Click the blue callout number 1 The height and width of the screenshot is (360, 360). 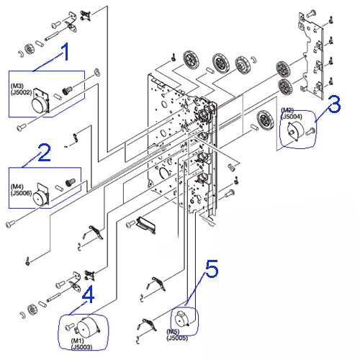click(65, 52)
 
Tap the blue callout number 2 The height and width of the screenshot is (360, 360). click(45, 153)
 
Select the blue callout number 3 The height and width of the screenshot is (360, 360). click(334, 104)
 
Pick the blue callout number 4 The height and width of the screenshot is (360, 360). click(88, 294)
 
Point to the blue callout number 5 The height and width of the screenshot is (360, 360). click(212, 269)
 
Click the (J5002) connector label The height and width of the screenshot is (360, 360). click(22, 92)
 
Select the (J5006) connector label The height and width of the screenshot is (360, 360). click(21, 193)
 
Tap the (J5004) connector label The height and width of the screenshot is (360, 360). click(292, 117)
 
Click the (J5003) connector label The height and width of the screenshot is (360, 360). click(81, 347)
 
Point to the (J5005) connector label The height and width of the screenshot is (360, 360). click(177, 338)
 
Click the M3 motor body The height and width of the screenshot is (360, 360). click(41, 101)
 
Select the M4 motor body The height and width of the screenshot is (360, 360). click(41, 195)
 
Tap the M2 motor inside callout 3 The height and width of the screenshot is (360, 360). click(296, 130)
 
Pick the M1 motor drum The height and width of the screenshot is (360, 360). click(88, 328)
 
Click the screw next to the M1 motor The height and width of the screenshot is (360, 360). click(70, 326)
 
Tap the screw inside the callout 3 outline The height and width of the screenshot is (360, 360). click(310, 131)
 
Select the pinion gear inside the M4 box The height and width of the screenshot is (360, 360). click(71, 182)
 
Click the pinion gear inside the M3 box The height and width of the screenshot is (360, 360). click(68, 91)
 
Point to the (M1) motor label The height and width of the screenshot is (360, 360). click(77, 341)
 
